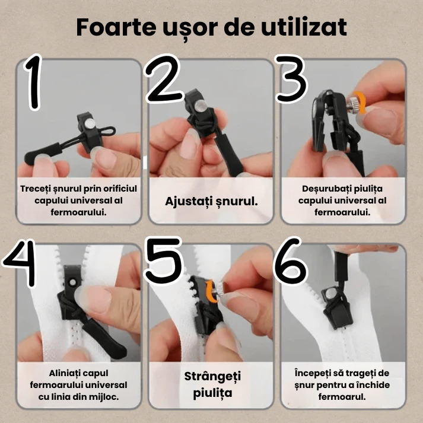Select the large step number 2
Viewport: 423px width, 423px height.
[164, 80]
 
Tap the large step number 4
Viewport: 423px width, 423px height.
[23, 263]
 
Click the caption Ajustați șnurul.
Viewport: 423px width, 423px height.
[211, 201]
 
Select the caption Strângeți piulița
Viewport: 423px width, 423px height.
[212, 384]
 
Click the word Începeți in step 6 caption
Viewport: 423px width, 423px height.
[315, 373]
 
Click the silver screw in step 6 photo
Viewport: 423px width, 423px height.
[328, 292]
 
